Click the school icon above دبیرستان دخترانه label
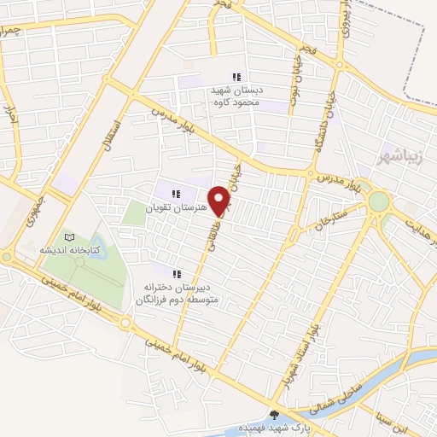point(178,274)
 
